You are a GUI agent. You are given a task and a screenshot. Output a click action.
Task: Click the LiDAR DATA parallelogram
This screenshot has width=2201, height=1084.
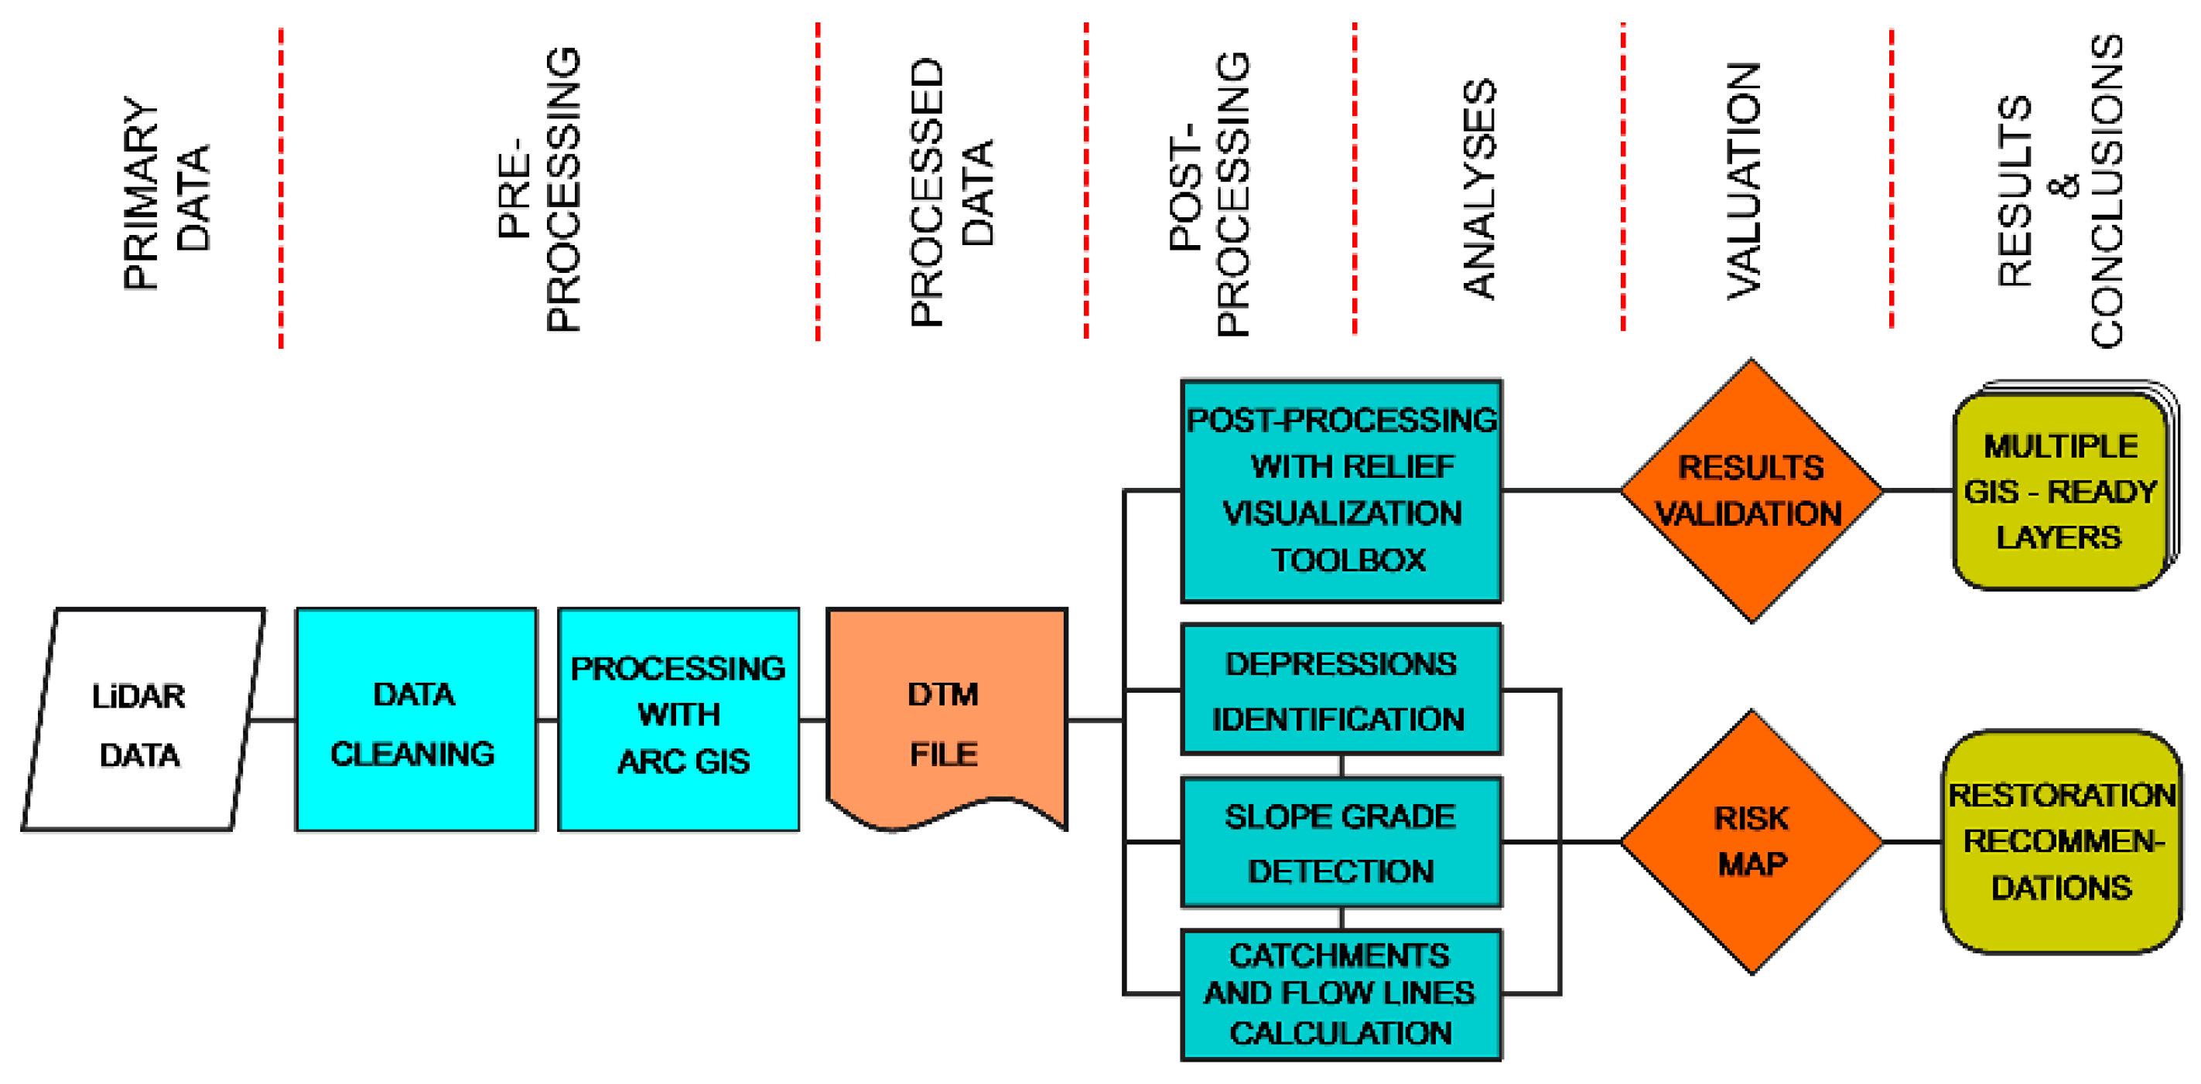coord(142,719)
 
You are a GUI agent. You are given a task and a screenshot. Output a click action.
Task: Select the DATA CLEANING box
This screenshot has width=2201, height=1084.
coord(416,719)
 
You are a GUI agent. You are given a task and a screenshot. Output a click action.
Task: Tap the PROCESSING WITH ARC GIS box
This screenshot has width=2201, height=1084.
coord(678,719)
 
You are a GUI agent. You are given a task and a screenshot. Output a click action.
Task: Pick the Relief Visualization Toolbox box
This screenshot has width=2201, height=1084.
coord(1341,490)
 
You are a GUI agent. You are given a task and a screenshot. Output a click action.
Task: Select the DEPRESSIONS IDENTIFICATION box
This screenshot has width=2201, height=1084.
coord(1341,690)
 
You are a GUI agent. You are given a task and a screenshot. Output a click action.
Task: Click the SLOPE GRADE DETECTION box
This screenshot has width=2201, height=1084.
coord(1341,842)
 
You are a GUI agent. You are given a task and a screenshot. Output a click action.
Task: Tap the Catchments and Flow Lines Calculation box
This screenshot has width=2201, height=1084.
coord(1341,994)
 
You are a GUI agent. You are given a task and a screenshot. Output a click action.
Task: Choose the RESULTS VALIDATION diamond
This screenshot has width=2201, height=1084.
coord(1752,490)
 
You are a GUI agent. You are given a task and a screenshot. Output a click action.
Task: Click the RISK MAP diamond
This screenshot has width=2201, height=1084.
coord(1752,842)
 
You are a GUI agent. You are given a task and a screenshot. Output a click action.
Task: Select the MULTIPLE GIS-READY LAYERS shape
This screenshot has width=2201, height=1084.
coord(2061,490)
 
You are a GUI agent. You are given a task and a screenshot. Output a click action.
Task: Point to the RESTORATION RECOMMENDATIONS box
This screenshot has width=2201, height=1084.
coord(2061,842)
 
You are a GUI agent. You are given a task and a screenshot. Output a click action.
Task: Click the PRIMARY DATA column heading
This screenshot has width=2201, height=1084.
coord(166,193)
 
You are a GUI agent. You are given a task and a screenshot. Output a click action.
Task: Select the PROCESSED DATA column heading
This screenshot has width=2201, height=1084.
coord(951,193)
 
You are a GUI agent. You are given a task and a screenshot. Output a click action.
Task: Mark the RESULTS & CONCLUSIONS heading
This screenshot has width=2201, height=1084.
coord(2061,189)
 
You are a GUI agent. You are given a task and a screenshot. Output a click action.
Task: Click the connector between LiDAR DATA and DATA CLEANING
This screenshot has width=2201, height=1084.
coord(273,720)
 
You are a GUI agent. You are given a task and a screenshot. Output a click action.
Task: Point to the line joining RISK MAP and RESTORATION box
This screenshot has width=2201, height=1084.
coord(1912,842)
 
